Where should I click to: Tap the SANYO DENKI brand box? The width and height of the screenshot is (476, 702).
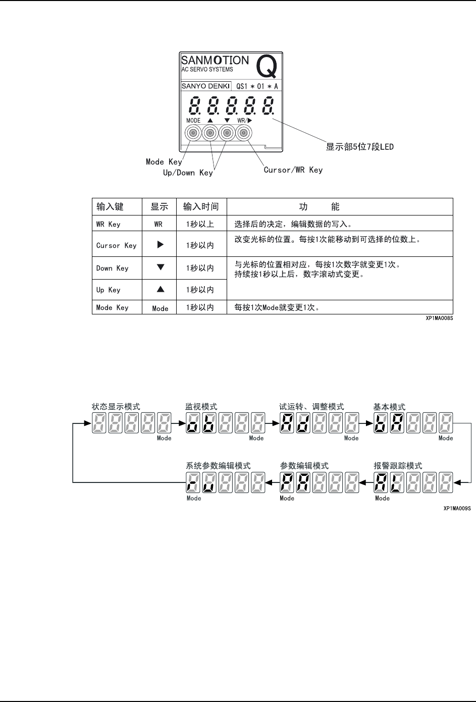point(206,86)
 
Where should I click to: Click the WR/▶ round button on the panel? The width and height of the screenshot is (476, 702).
point(243,133)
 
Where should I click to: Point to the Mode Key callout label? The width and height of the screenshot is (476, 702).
point(164,161)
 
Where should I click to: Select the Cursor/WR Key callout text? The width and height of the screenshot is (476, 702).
point(293,170)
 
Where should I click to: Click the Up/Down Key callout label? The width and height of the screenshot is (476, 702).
point(188,173)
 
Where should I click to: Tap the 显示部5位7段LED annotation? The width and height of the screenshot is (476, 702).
point(359,147)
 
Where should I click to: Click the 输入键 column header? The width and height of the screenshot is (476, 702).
point(110,206)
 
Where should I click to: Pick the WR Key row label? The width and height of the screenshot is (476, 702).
point(108,224)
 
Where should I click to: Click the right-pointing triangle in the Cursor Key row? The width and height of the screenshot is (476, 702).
point(160,245)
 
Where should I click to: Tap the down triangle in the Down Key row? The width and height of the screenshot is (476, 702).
point(160,267)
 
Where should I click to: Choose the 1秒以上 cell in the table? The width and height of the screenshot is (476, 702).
point(200,224)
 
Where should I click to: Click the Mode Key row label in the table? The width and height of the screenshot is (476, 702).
point(112,307)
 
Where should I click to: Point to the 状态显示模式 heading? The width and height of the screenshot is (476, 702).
point(116,407)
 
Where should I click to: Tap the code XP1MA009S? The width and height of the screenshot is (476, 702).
point(457,509)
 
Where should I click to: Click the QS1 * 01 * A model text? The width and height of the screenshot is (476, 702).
point(257,86)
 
